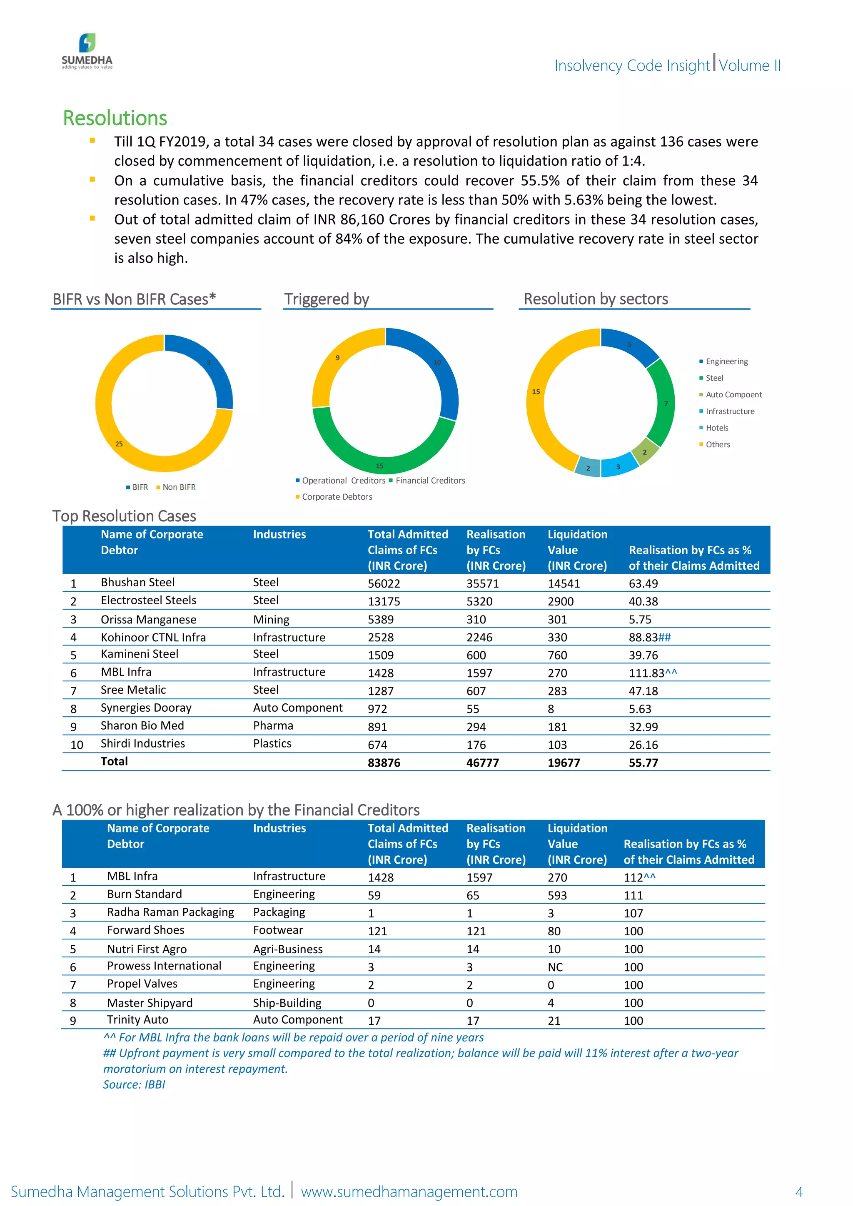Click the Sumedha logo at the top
tap(87, 51)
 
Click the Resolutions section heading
tap(115, 118)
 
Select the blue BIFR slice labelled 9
tap(210, 368)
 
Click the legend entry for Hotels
tap(716, 428)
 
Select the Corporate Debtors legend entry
tap(337, 497)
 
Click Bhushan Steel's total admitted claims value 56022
tap(384, 583)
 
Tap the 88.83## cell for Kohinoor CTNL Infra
tap(650, 637)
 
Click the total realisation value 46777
tap(483, 762)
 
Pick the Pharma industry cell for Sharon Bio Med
tap(273, 725)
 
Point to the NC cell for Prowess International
tap(555, 967)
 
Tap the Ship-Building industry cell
tap(287, 1003)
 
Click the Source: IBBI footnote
tap(134, 1085)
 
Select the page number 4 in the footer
tap(798, 1191)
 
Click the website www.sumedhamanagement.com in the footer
tap(409, 1191)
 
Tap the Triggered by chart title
tap(327, 299)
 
